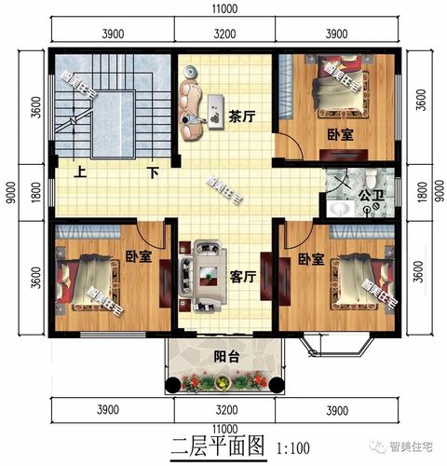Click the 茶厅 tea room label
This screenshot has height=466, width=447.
point(242,117)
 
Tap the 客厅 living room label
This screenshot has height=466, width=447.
point(244,276)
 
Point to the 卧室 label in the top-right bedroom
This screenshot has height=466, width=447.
point(341,134)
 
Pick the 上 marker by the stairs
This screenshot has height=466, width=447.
point(81,172)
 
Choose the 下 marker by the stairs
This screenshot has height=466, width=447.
point(150,172)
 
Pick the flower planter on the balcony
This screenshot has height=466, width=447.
point(221,381)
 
